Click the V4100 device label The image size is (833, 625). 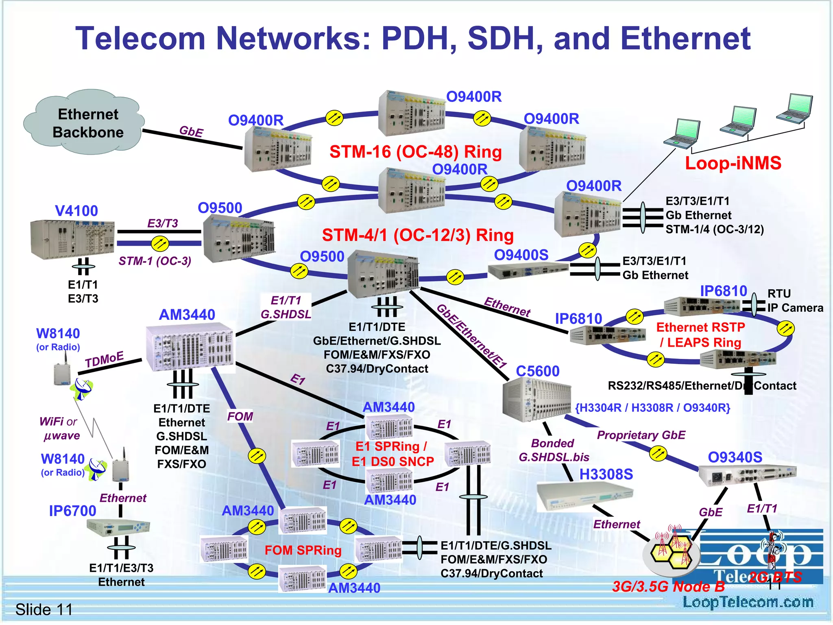[76, 211]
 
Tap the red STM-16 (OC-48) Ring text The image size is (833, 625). [415, 152]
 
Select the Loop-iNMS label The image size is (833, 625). [733, 163]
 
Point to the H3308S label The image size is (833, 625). [606, 474]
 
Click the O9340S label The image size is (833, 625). [735, 457]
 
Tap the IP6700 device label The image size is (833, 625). [72, 511]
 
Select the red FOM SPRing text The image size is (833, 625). [303, 550]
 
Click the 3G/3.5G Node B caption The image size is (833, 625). [668, 587]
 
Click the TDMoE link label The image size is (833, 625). [104, 359]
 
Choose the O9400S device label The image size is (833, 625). [521, 255]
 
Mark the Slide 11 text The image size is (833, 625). [44, 610]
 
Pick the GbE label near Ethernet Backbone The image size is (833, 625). [191, 131]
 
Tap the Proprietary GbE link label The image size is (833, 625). [641, 435]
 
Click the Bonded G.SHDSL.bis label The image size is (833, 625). [554, 450]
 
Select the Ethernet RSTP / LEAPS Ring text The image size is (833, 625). [700, 334]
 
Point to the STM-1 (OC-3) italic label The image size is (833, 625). [155, 261]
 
